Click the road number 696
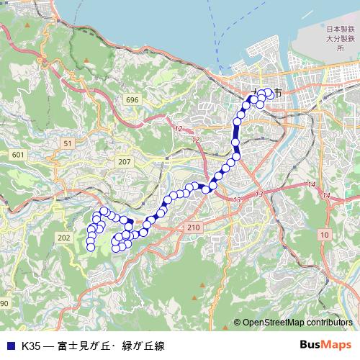pos(131,99)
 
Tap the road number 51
pos(68,144)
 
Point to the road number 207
pos(125,161)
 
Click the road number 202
pos(64,238)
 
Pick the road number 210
pos(193,228)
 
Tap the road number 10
pos(325,235)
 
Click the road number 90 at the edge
pos(4,303)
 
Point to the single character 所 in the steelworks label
pos(340,48)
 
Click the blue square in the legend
pos(10,345)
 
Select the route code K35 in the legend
pos(30,345)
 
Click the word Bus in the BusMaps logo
pos(312,344)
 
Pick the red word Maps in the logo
pos(338,344)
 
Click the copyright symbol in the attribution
pos(237,323)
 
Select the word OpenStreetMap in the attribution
pos(274,323)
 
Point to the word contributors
pos(330,323)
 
